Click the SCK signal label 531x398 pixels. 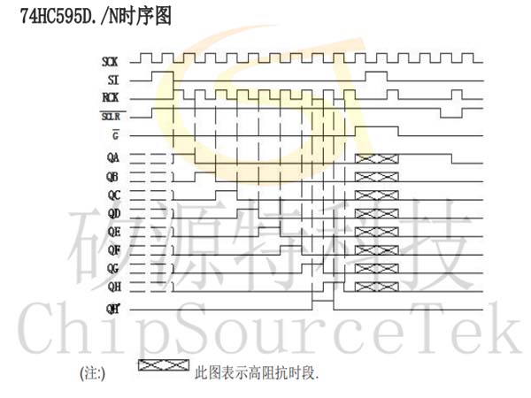coord(110,62)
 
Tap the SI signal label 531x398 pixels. coord(113,80)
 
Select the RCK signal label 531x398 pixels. coord(111,98)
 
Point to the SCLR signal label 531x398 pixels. coord(112,117)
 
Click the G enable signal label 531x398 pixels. coord(115,135)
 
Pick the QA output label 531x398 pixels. coord(113,157)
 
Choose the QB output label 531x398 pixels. coord(112,177)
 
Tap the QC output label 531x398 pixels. coord(114,195)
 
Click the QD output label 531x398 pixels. coord(114,213)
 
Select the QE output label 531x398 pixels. coord(114,232)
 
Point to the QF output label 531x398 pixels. coord(114,250)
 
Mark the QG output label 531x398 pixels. coord(112,269)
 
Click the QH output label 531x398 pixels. coord(114,287)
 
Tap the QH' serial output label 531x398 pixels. coord(112,309)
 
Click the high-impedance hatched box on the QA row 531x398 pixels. coord(377,158)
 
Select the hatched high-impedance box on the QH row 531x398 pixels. coord(377,287)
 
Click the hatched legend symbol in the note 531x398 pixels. coord(164,365)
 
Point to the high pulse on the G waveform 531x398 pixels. coord(377,126)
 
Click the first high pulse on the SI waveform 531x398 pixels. coord(163,72)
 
